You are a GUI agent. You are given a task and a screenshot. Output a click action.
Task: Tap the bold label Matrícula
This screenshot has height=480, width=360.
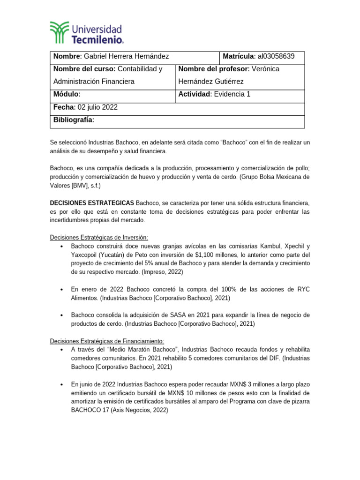coord(238,57)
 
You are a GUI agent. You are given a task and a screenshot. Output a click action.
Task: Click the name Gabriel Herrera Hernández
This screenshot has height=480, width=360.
coord(126,57)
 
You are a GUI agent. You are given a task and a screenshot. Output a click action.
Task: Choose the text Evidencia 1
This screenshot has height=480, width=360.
coord(232,94)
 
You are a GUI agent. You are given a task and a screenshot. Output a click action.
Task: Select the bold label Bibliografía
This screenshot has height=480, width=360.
coord(74,120)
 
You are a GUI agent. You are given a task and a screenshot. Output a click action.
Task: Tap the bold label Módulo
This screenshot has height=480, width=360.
coord(67,94)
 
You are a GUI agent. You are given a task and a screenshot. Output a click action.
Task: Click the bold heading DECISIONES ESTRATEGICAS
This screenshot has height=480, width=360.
coord(92,203)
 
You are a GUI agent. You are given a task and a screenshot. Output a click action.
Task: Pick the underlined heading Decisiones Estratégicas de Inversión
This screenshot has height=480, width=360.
coord(99,238)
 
